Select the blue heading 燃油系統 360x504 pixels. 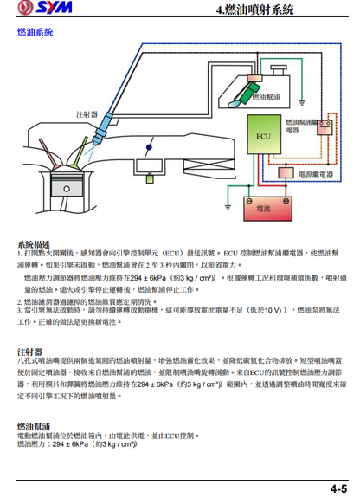click(35, 32)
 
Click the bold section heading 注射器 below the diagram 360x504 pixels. click(29, 352)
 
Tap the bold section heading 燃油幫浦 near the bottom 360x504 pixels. click(34, 427)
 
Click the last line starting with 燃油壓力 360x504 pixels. click(77, 443)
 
